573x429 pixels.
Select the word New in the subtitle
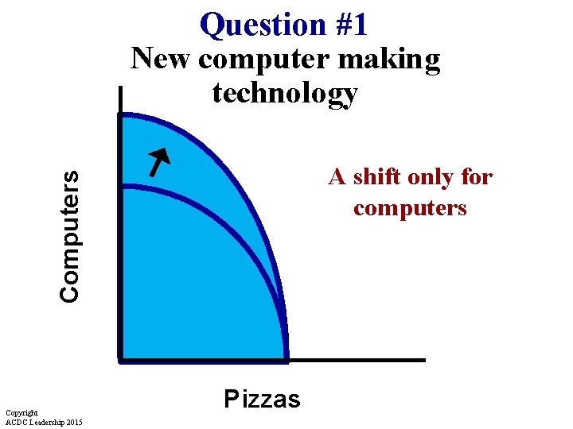(161, 60)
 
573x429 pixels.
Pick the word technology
(285, 95)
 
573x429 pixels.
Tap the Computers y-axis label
(70, 236)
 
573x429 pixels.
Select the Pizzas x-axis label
(262, 398)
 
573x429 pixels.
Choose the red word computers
(410, 208)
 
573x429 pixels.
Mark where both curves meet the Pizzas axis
(286, 358)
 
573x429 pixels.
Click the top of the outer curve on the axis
(121, 115)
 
